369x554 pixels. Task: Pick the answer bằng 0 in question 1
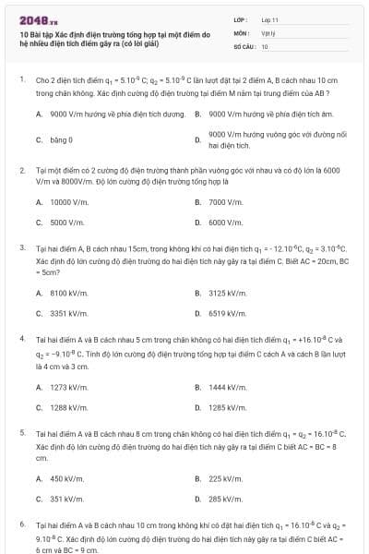61,139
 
